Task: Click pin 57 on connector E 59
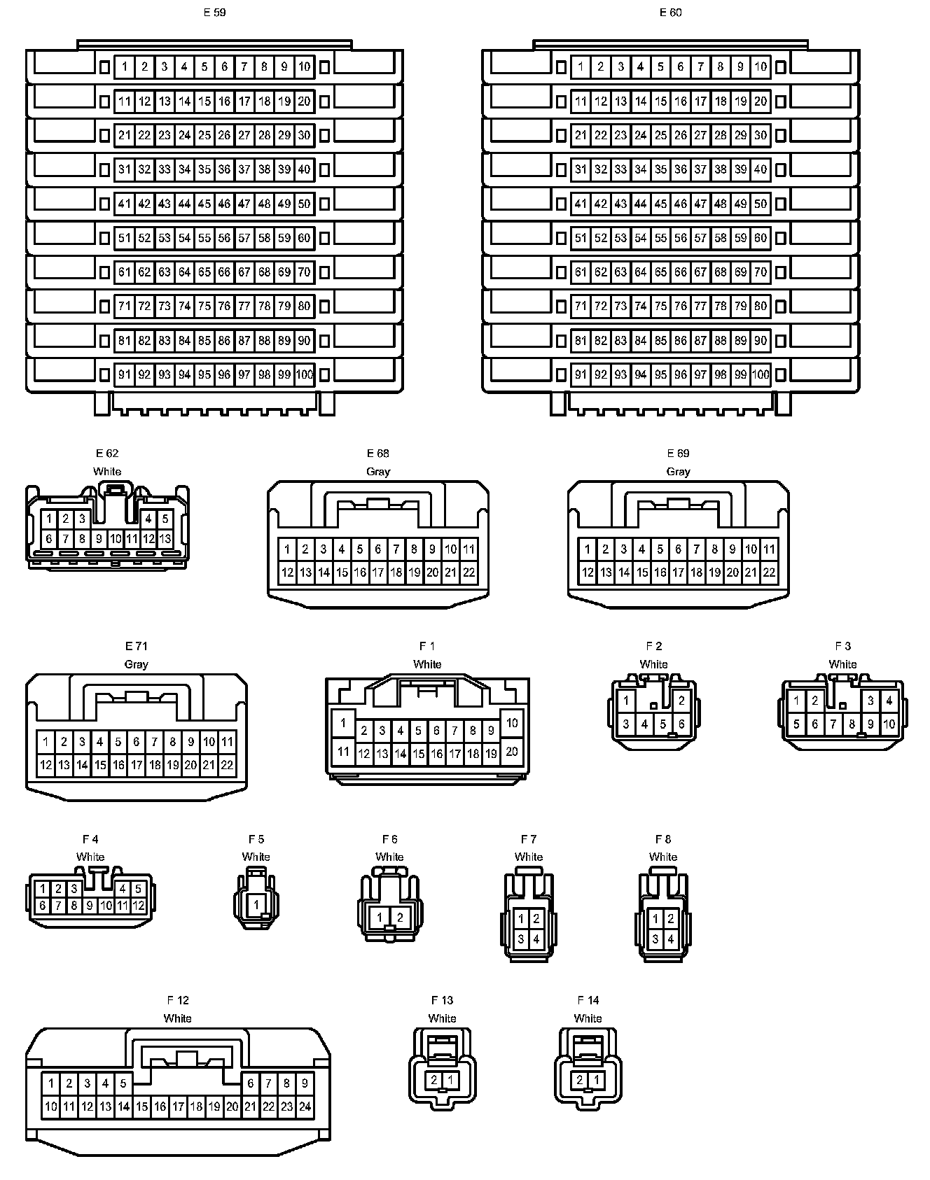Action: [244, 238]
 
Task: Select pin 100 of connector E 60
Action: [761, 374]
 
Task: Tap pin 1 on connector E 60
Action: [581, 67]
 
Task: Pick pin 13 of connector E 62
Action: [165, 539]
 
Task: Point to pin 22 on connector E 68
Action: [469, 572]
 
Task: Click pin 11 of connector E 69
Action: [769, 549]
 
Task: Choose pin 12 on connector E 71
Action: [46, 765]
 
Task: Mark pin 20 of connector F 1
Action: [512, 751]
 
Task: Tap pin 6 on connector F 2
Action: [681, 724]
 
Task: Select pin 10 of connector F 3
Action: [889, 724]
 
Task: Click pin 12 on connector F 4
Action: [139, 905]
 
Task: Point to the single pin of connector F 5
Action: [256, 904]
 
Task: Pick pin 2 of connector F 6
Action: [400, 918]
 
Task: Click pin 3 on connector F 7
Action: [521, 939]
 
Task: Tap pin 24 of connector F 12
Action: [305, 1107]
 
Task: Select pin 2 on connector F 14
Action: [580, 1080]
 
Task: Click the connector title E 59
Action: [214, 13]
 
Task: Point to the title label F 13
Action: [442, 1000]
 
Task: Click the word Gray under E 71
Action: [136, 664]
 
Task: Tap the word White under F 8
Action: [662, 857]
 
